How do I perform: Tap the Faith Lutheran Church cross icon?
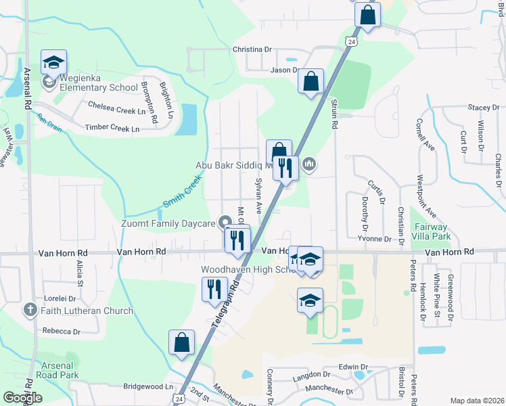click(x=30, y=311)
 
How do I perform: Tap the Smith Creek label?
click(x=182, y=193)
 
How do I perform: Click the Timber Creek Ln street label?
click(x=112, y=128)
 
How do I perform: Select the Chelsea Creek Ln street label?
click(x=117, y=106)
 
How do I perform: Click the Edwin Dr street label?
click(x=353, y=367)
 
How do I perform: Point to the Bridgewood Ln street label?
click(x=148, y=386)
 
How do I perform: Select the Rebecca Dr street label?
click(x=61, y=332)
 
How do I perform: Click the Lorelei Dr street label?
click(x=62, y=297)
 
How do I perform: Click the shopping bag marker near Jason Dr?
click(x=310, y=82)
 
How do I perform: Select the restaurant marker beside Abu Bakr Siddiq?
click(x=285, y=166)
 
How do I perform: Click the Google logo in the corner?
click(x=22, y=398)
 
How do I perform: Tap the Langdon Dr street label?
click(x=312, y=374)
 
